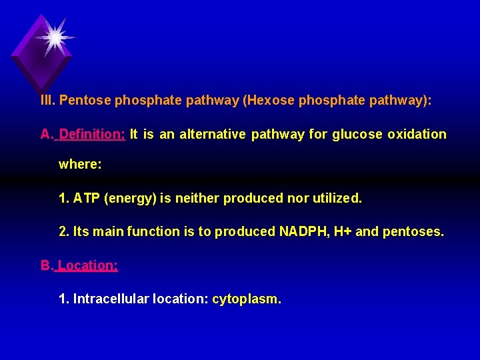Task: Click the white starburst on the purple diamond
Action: [53, 37]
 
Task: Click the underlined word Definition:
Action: [92, 134]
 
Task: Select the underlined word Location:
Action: [88, 265]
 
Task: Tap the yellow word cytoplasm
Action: [246, 299]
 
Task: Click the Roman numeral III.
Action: [47, 101]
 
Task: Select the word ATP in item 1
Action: [85, 198]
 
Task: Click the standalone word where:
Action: [80, 163]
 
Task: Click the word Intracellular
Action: [111, 299]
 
